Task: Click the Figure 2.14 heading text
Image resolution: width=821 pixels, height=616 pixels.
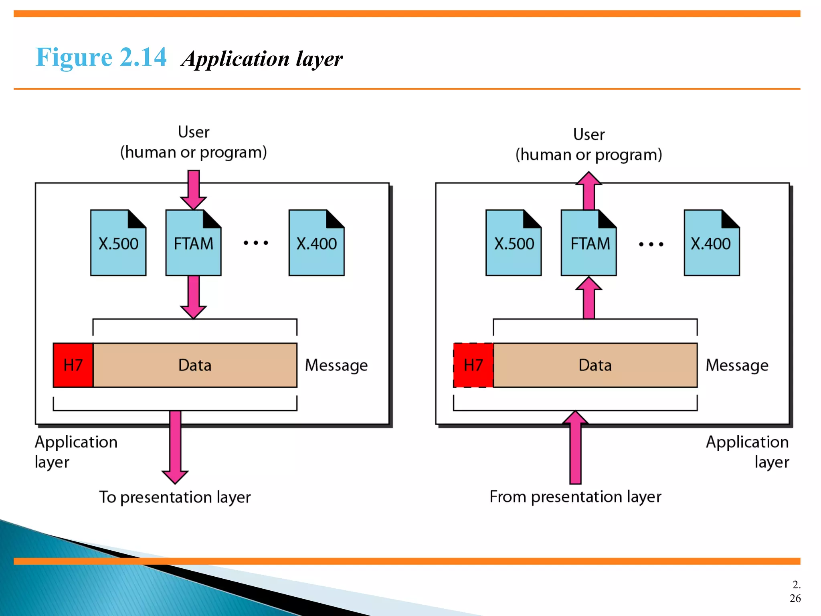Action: pos(101,57)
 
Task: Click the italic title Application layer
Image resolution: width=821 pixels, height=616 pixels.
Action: pos(262,59)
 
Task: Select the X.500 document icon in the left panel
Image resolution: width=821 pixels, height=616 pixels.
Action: pos(118,243)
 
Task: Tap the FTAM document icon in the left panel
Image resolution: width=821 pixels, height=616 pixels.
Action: pos(193,243)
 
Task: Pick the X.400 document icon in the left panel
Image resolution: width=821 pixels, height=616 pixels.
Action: pos(316,243)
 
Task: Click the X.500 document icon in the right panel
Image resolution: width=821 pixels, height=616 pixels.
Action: pos(514,243)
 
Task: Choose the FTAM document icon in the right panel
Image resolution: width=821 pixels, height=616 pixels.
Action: pos(589,243)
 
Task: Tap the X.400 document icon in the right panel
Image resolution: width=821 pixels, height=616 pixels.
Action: pos(712,243)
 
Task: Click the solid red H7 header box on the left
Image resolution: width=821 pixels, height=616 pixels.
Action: pos(73,365)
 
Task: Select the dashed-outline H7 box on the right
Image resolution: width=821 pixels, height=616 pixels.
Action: pos(473,365)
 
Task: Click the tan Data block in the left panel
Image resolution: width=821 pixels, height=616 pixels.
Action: pos(195,365)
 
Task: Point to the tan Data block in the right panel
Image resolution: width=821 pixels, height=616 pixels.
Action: pos(595,365)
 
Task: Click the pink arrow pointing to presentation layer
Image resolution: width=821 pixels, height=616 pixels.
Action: pos(175,447)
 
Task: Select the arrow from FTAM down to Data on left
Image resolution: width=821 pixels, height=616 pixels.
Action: pos(194,297)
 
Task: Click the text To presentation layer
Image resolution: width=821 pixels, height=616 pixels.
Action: pos(175,497)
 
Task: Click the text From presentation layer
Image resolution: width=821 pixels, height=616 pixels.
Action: pos(575,497)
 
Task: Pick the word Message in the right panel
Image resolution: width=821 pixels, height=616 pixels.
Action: pos(737,365)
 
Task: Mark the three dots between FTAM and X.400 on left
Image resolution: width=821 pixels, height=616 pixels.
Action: pos(256,243)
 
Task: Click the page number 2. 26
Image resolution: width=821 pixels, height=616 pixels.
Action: pos(795,592)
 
